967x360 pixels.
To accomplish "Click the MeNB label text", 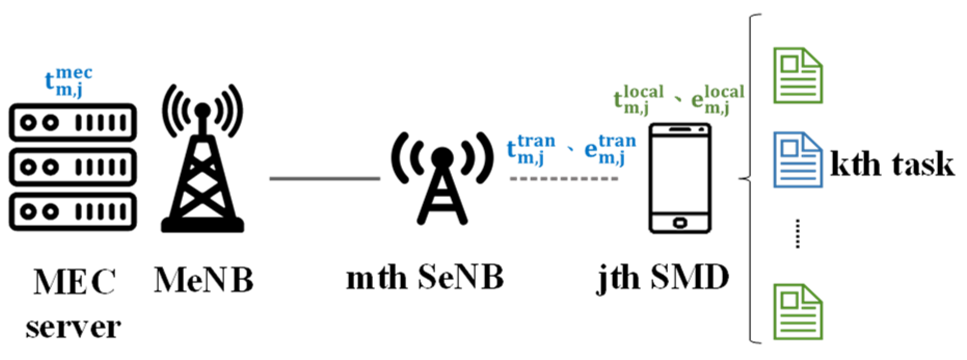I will [204, 281].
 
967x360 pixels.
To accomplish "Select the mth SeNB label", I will [425, 278].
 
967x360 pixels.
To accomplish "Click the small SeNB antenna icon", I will [442, 177].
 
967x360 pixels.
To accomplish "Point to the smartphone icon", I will [680, 178].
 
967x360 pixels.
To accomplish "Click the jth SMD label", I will [663, 278].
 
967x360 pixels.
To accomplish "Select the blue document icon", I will [798, 159].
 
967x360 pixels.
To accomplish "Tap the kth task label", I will [892, 164].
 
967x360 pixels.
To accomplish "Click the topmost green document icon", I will [798, 75].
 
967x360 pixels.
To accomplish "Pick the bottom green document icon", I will [798, 312].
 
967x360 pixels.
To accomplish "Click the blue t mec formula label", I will [68, 82].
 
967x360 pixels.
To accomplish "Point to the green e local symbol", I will [717, 99].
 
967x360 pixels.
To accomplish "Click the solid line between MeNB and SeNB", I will [325, 179].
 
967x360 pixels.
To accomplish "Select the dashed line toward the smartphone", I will [564, 179].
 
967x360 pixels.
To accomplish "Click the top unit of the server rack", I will [73, 123].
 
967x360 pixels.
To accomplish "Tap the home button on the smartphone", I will [680, 223].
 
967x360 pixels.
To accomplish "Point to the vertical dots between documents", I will [798, 234].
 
